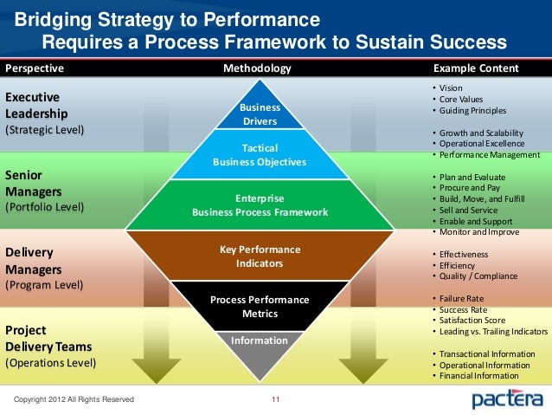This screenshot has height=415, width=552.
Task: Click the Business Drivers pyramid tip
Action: click(260, 113)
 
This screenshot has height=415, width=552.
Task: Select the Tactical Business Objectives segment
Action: click(260, 155)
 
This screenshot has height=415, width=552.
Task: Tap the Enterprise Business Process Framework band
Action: click(260, 204)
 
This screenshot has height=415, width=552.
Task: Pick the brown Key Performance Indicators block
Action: click(260, 256)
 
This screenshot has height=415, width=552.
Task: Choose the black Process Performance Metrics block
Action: click(260, 306)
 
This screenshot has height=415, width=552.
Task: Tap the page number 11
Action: click(276, 399)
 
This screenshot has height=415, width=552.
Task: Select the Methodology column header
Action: click(258, 68)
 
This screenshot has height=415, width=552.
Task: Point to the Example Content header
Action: click(475, 68)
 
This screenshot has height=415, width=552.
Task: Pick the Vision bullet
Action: click(451, 89)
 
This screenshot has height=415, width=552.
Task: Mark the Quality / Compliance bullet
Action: click(478, 276)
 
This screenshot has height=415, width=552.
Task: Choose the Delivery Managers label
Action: click(33, 260)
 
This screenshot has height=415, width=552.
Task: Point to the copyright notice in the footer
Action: click(74, 399)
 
